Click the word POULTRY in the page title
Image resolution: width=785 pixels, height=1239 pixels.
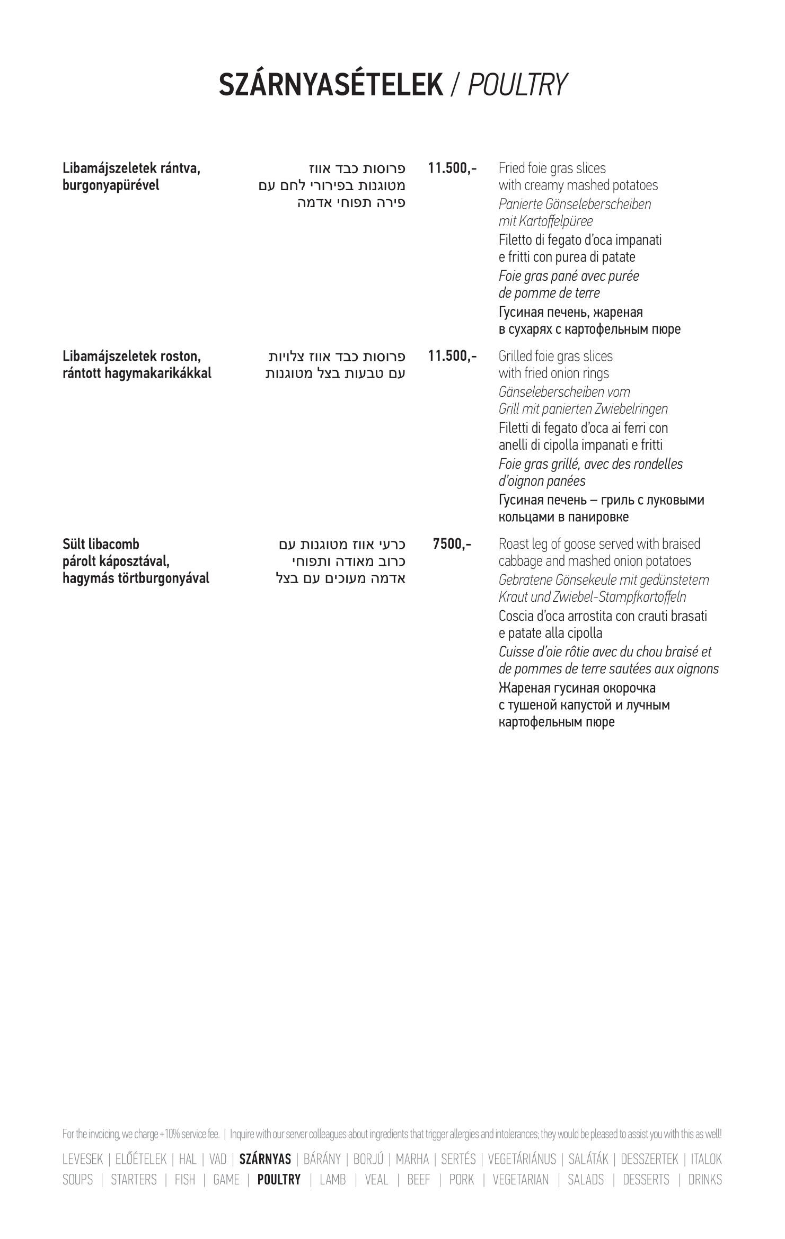[x=517, y=85]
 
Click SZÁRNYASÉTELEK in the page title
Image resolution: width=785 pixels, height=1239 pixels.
[x=331, y=85]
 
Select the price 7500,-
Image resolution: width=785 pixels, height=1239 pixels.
[x=452, y=544]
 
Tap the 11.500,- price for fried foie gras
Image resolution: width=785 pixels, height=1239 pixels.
[x=452, y=168]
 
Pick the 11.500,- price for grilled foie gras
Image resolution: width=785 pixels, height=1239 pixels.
[x=452, y=356]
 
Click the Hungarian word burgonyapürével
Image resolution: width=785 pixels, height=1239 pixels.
[x=111, y=186]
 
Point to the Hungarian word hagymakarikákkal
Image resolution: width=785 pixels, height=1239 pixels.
[x=157, y=373]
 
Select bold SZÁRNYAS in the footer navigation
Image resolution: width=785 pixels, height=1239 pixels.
[x=265, y=1160]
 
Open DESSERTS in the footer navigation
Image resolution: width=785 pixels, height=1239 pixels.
[x=646, y=1180]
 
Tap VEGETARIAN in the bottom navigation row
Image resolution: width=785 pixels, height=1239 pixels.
[x=521, y=1180]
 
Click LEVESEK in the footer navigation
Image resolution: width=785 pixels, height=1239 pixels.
[x=82, y=1160]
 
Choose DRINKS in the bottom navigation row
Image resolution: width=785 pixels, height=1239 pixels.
[x=705, y=1180]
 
